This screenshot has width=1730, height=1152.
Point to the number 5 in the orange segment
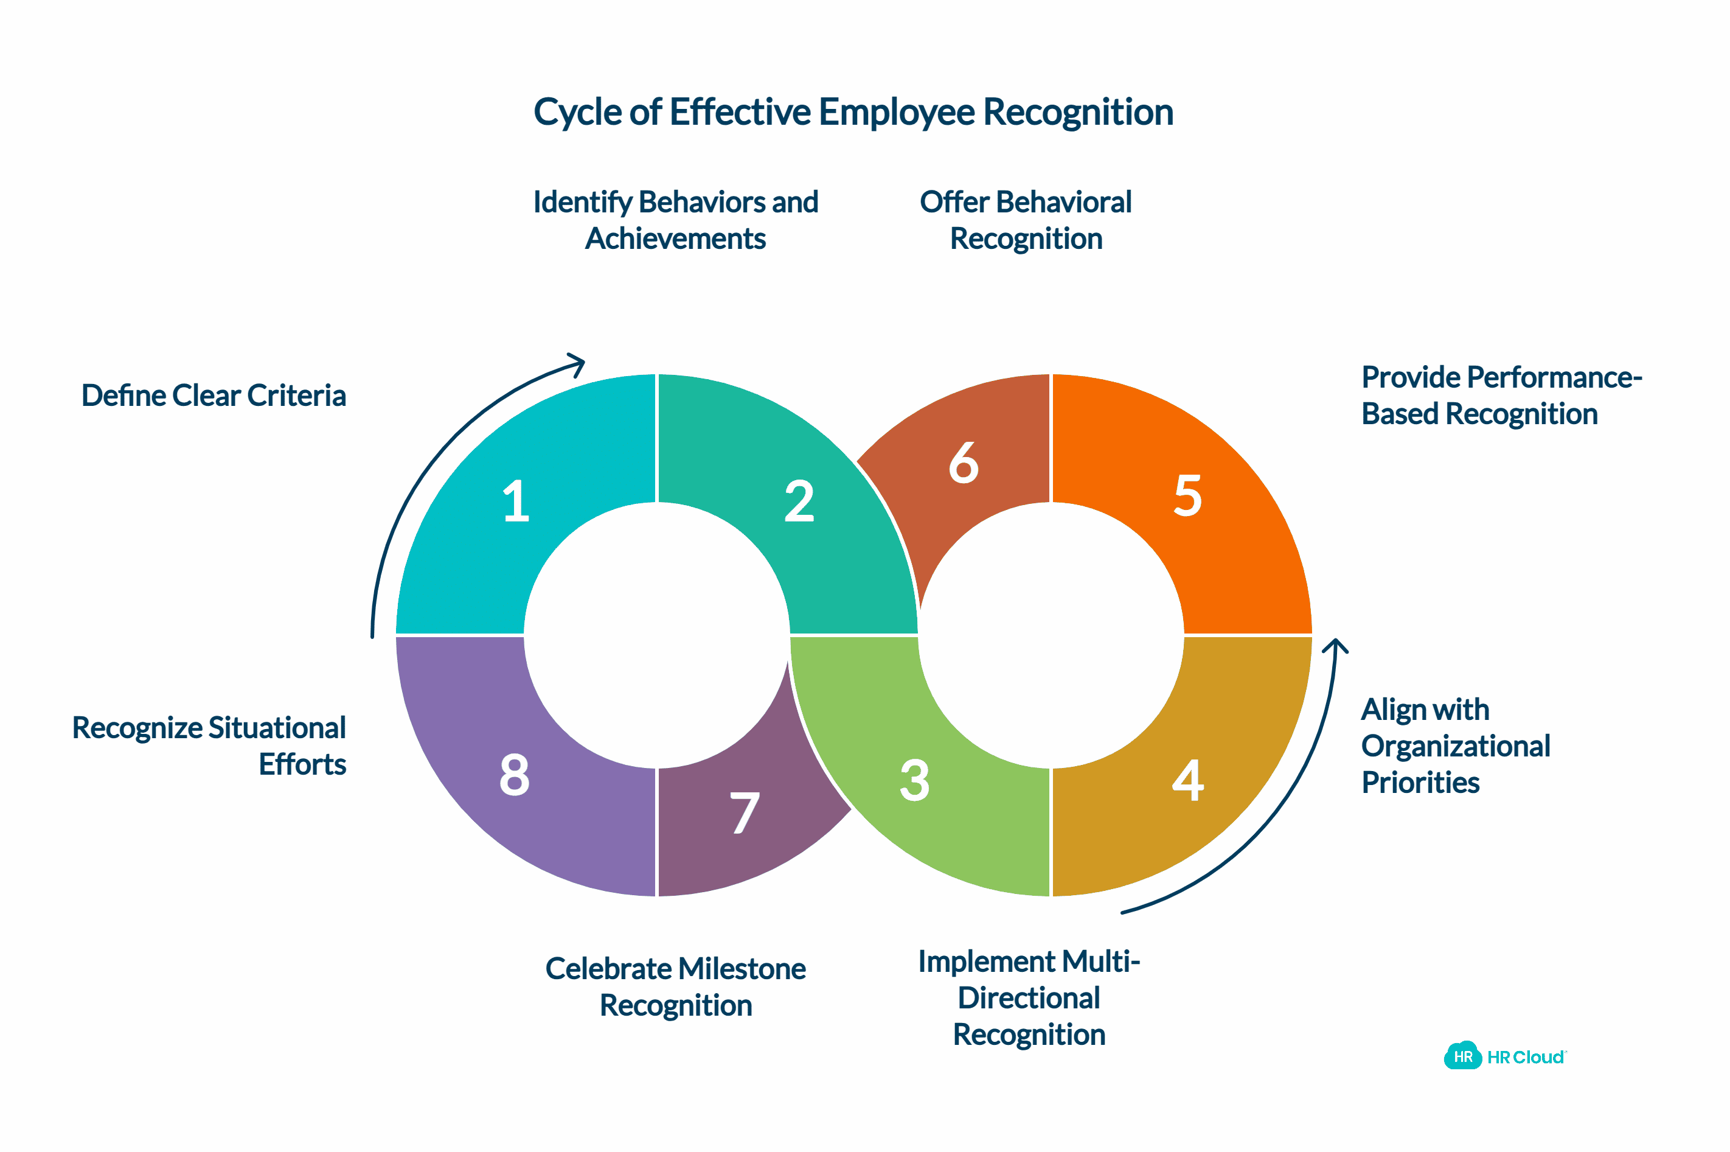click(x=1187, y=496)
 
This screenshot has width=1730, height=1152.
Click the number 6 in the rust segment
click(x=964, y=463)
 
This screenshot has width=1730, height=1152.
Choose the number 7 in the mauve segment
click(x=745, y=812)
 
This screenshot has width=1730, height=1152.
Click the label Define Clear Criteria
click(x=214, y=396)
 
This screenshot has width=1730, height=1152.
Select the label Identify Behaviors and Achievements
click(x=676, y=220)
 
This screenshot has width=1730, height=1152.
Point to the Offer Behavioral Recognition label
click(x=1026, y=220)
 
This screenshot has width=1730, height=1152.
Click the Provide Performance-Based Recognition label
click(x=1502, y=396)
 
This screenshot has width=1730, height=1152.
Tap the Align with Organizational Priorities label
click(x=1456, y=745)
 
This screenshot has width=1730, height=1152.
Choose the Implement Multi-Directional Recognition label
click(x=1029, y=997)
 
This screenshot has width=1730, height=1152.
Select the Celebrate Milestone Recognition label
click(x=676, y=986)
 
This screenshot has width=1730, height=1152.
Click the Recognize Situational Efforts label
click(x=209, y=745)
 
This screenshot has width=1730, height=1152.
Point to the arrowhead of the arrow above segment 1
click(x=577, y=363)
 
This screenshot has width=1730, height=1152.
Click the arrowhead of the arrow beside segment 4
click(x=1336, y=645)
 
